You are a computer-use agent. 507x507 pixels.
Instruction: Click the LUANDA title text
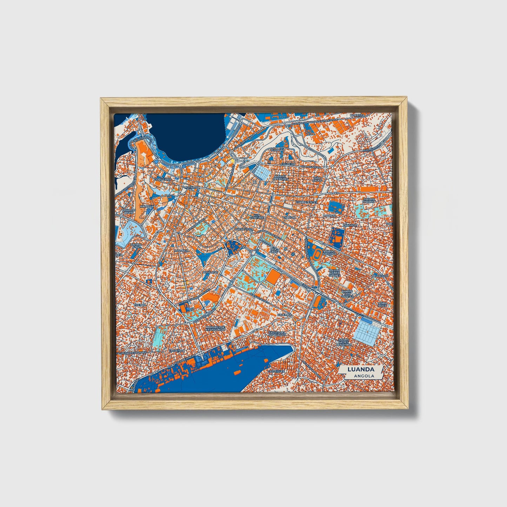click(360, 369)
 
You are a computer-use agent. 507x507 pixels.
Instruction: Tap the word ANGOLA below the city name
click(363, 376)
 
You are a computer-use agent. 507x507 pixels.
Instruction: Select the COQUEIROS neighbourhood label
click(162, 179)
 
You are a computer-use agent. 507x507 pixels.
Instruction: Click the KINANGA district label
click(147, 207)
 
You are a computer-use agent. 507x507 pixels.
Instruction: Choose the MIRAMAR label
click(278, 150)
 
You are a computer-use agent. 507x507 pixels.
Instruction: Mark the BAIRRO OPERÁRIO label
click(281, 178)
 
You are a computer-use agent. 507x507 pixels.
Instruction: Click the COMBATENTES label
click(306, 202)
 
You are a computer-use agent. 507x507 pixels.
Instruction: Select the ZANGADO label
click(350, 225)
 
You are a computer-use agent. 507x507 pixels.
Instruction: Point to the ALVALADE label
click(210, 272)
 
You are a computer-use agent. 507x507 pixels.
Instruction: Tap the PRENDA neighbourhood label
click(140, 305)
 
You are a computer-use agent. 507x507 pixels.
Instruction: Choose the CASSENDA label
click(176, 350)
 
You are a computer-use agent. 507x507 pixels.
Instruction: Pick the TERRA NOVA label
click(382, 304)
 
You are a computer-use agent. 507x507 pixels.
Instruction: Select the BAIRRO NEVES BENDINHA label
click(344, 342)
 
